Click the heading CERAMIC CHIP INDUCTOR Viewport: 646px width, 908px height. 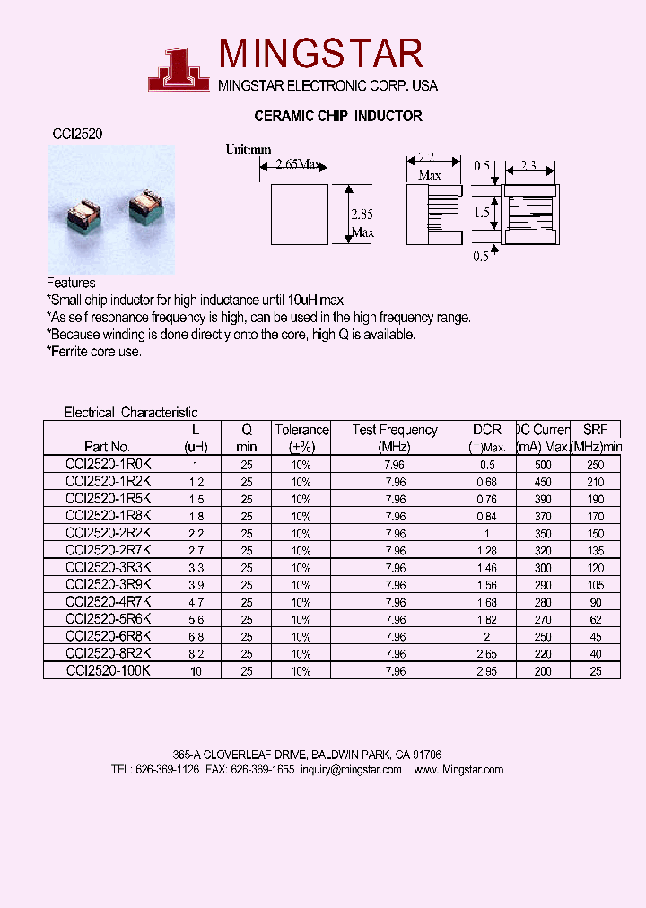(338, 116)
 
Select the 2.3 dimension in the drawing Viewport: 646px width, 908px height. (528, 166)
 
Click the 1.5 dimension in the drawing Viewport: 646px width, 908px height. (482, 213)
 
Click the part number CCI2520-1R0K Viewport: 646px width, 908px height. (109, 465)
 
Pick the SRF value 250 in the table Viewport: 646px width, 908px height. (595, 465)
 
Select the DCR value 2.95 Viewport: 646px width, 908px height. (487, 671)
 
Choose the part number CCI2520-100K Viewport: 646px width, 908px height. (109, 671)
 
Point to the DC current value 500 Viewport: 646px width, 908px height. (543, 465)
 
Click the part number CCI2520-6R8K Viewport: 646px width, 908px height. (109, 636)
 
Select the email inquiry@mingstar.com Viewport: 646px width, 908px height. (351, 770)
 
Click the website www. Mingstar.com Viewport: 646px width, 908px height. (459, 770)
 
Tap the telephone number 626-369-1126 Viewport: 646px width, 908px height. (168, 770)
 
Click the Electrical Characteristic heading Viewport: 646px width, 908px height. (130, 413)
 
